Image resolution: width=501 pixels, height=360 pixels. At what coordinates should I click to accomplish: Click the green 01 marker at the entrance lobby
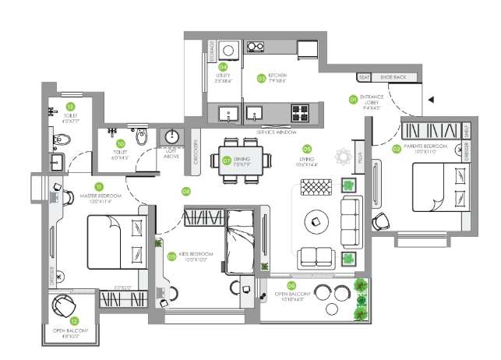click(352, 100)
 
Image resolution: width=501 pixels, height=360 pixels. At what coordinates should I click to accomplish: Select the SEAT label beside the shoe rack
click(363, 77)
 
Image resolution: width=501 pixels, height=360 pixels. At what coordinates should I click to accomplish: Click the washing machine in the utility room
click(228, 46)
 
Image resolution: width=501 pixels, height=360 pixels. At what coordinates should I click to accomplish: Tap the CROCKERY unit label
click(196, 152)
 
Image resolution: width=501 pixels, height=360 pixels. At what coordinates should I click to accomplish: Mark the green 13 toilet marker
click(70, 105)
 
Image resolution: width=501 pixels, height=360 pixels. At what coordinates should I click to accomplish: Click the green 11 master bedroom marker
click(99, 186)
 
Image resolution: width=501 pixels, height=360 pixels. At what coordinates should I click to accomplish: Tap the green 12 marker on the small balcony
click(75, 320)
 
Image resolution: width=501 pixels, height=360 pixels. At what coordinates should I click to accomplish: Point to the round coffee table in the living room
click(316, 221)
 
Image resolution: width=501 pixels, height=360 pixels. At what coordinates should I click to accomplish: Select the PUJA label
click(359, 157)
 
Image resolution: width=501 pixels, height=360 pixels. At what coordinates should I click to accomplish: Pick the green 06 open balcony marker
click(292, 286)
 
